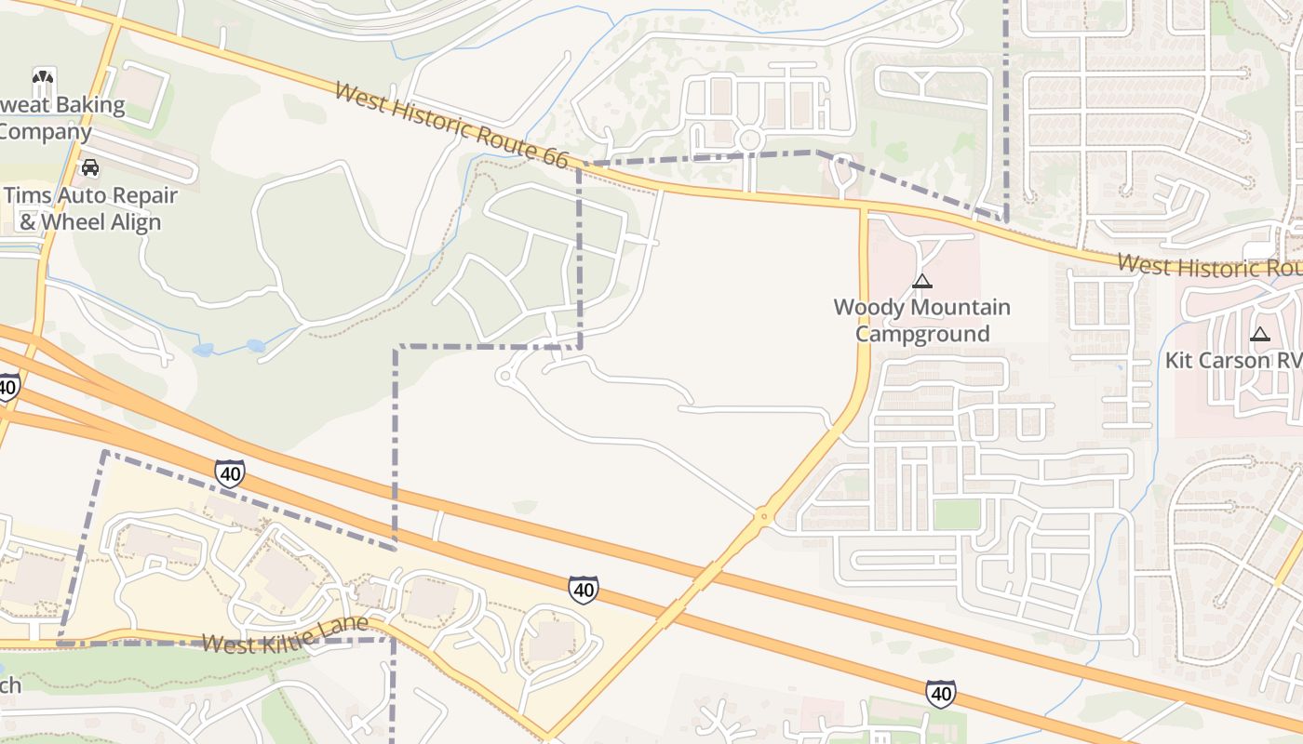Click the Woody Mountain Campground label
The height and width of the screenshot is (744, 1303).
coord(921,320)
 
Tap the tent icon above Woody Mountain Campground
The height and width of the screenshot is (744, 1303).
coord(921,281)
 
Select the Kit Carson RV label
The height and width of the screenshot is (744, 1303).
coord(1233,360)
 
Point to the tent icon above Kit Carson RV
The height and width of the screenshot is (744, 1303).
coord(1259,335)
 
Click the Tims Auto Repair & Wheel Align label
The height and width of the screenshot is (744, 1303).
coord(90,209)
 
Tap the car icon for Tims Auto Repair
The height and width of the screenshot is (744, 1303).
coord(90,167)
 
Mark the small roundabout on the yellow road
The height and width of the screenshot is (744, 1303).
coord(763,514)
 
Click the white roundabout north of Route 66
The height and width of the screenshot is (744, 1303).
coord(749,140)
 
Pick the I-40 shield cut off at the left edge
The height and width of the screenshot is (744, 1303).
coord(7,385)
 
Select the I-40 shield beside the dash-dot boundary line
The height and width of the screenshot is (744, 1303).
coord(229,473)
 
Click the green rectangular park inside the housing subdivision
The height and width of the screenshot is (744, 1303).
coord(957,514)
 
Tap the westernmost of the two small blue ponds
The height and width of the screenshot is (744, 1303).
coord(203,351)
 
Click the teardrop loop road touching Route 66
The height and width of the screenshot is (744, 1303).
coord(842,173)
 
